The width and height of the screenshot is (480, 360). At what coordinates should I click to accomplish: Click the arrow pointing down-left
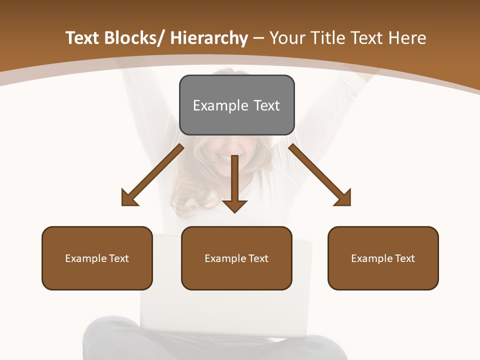point(155,173)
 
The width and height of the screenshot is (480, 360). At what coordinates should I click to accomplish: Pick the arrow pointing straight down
point(234,182)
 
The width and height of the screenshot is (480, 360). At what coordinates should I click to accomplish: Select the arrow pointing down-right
point(318,173)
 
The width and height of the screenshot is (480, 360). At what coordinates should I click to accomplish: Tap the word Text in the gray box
point(266,105)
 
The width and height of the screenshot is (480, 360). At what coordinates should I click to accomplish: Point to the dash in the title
point(258,38)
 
